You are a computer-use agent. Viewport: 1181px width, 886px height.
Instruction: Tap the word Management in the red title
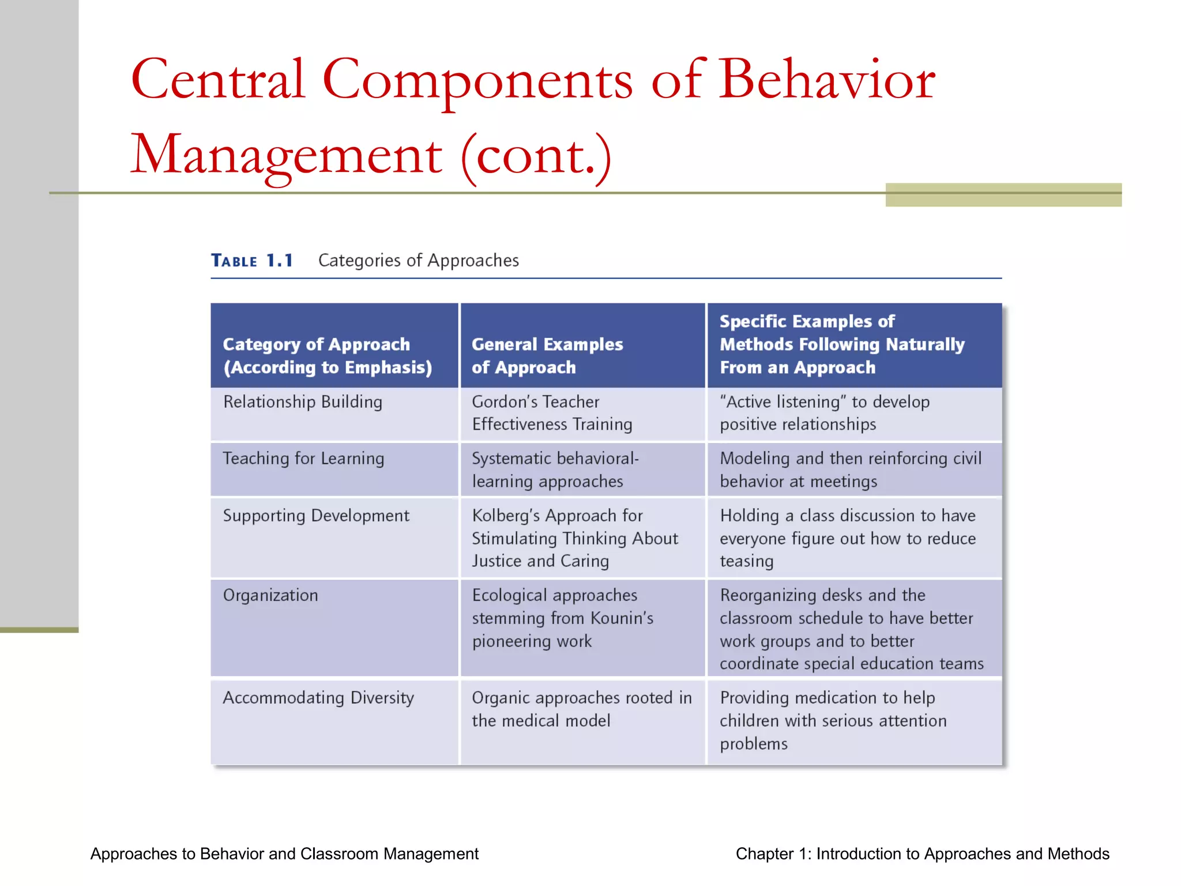(x=287, y=155)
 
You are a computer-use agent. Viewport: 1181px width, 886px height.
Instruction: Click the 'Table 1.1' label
(x=252, y=261)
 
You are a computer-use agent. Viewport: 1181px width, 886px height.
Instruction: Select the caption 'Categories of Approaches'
(x=419, y=261)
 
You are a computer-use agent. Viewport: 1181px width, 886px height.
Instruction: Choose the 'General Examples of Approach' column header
(x=547, y=355)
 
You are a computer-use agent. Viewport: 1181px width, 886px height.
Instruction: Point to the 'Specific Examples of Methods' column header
(x=841, y=344)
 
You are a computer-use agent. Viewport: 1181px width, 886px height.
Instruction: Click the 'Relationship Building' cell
(x=303, y=402)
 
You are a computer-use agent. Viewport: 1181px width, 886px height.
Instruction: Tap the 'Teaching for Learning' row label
(x=303, y=459)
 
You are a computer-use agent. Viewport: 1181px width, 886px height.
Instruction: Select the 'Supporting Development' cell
(x=316, y=516)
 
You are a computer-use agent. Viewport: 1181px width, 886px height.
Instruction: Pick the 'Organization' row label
(x=270, y=595)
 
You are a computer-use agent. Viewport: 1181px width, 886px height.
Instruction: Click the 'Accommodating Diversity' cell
(x=318, y=698)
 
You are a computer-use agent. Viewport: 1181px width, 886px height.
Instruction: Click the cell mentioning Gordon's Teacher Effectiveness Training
(x=552, y=413)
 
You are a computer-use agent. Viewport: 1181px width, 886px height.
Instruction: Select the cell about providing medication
(x=833, y=721)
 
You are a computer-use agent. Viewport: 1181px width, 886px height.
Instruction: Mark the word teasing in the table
(x=746, y=561)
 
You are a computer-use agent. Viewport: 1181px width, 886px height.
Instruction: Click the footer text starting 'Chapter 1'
(x=922, y=854)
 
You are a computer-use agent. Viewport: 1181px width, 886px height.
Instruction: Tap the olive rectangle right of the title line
(x=1003, y=195)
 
